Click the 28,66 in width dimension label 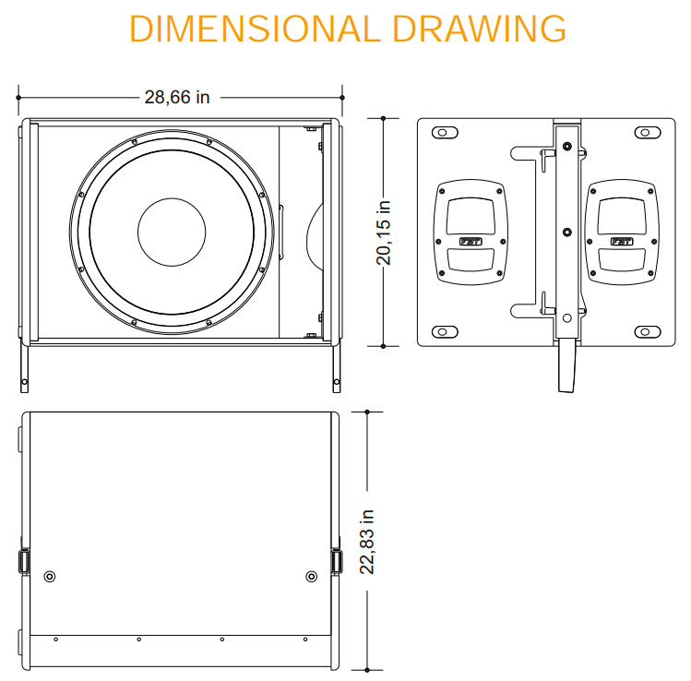[x=177, y=98]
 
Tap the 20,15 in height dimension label [x=384, y=233]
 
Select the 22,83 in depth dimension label [x=367, y=542]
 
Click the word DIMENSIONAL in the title [x=255, y=30]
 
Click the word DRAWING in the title [x=479, y=30]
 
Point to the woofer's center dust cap [x=172, y=233]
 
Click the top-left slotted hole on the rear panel [x=445, y=132]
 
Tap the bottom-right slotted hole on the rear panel [x=648, y=331]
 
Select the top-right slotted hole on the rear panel [x=648, y=132]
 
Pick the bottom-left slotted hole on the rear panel [x=445, y=331]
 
